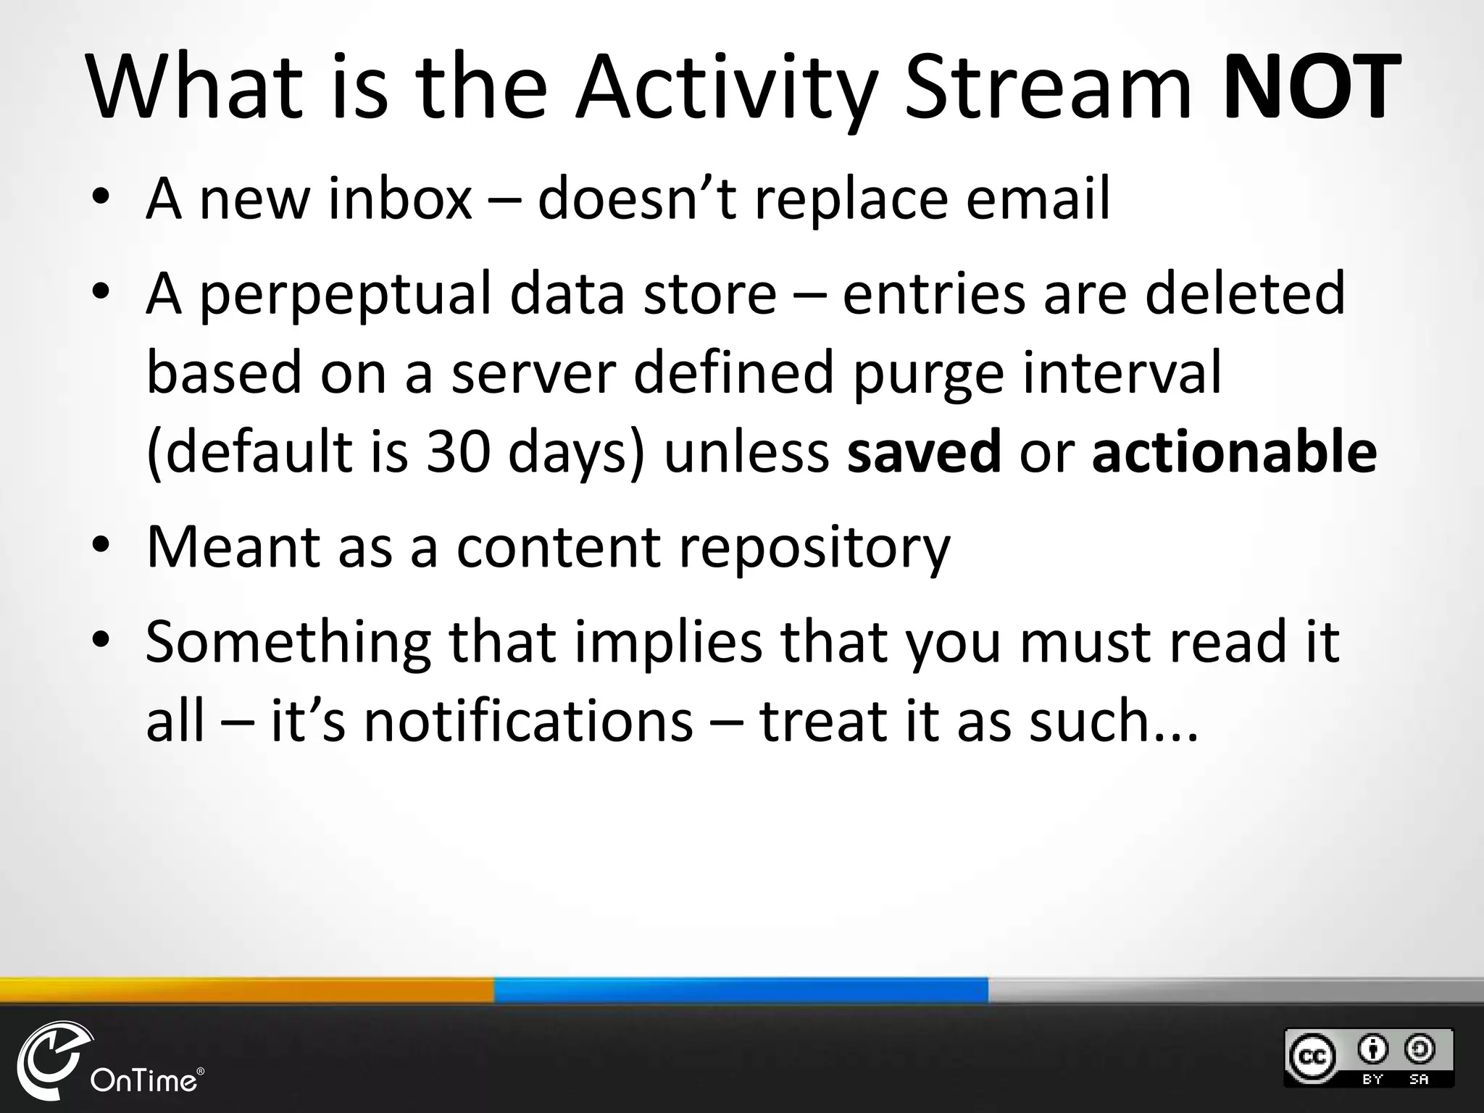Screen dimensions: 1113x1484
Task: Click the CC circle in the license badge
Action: click(x=1311, y=1057)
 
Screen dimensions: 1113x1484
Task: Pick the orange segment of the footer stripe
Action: click(x=246, y=990)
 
